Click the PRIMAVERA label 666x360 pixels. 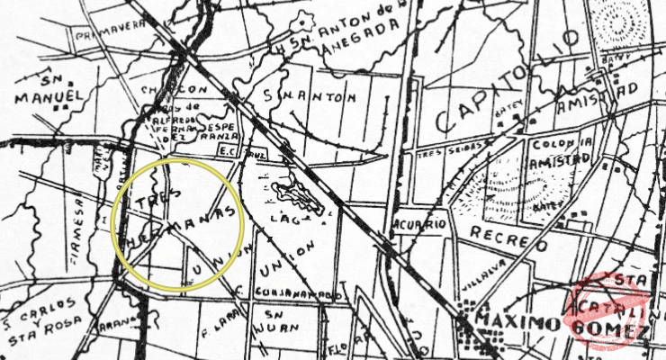click(x=110, y=30)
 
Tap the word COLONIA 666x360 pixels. click(x=562, y=143)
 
